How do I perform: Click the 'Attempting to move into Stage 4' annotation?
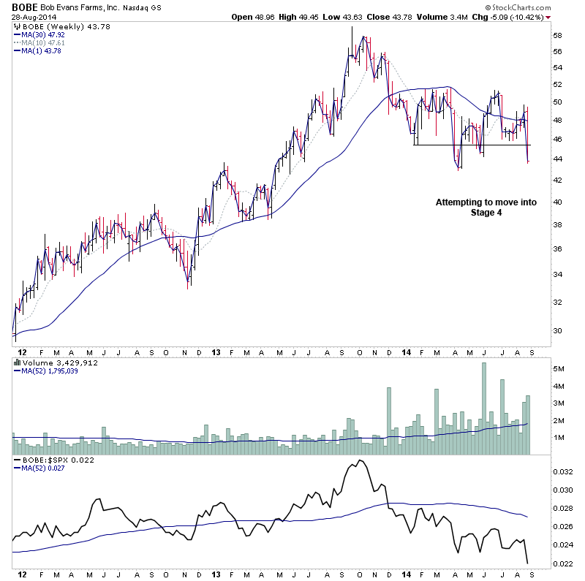486,207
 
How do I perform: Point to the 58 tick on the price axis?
556,35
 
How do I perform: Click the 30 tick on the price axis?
556,330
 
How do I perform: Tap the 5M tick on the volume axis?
558,369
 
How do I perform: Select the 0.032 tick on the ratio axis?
562,471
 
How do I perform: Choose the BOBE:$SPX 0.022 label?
53,459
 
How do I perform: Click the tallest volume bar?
483,409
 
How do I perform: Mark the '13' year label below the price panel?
216,352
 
